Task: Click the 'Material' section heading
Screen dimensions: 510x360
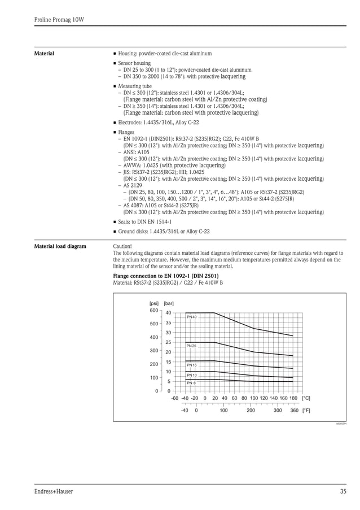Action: coord(45,54)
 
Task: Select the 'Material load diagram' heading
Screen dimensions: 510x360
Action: coord(60,247)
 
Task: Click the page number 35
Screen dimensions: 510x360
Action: coord(343,491)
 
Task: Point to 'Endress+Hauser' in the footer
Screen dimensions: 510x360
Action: coord(54,491)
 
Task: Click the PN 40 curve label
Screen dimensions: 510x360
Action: coord(191,317)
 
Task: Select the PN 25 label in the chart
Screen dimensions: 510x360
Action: coord(191,346)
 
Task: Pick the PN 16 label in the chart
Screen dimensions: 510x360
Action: coord(191,365)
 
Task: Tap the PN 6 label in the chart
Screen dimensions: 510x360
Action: coord(191,383)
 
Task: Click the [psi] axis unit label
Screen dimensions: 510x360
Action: coord(153,303)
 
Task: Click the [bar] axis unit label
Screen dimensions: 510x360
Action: coord(169,303)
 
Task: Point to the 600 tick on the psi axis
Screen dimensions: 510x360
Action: coord(153,310)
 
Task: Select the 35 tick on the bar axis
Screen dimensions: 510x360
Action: coord(168,322)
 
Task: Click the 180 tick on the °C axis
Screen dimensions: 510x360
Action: coord(293,398)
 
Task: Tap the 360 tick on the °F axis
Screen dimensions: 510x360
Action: coord(294,411)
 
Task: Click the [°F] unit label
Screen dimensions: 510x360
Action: coord(306,411)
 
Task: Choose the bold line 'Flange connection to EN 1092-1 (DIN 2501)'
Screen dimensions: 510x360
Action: coord(166,276)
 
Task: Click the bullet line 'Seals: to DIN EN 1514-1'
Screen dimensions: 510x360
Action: coord(144,222)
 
